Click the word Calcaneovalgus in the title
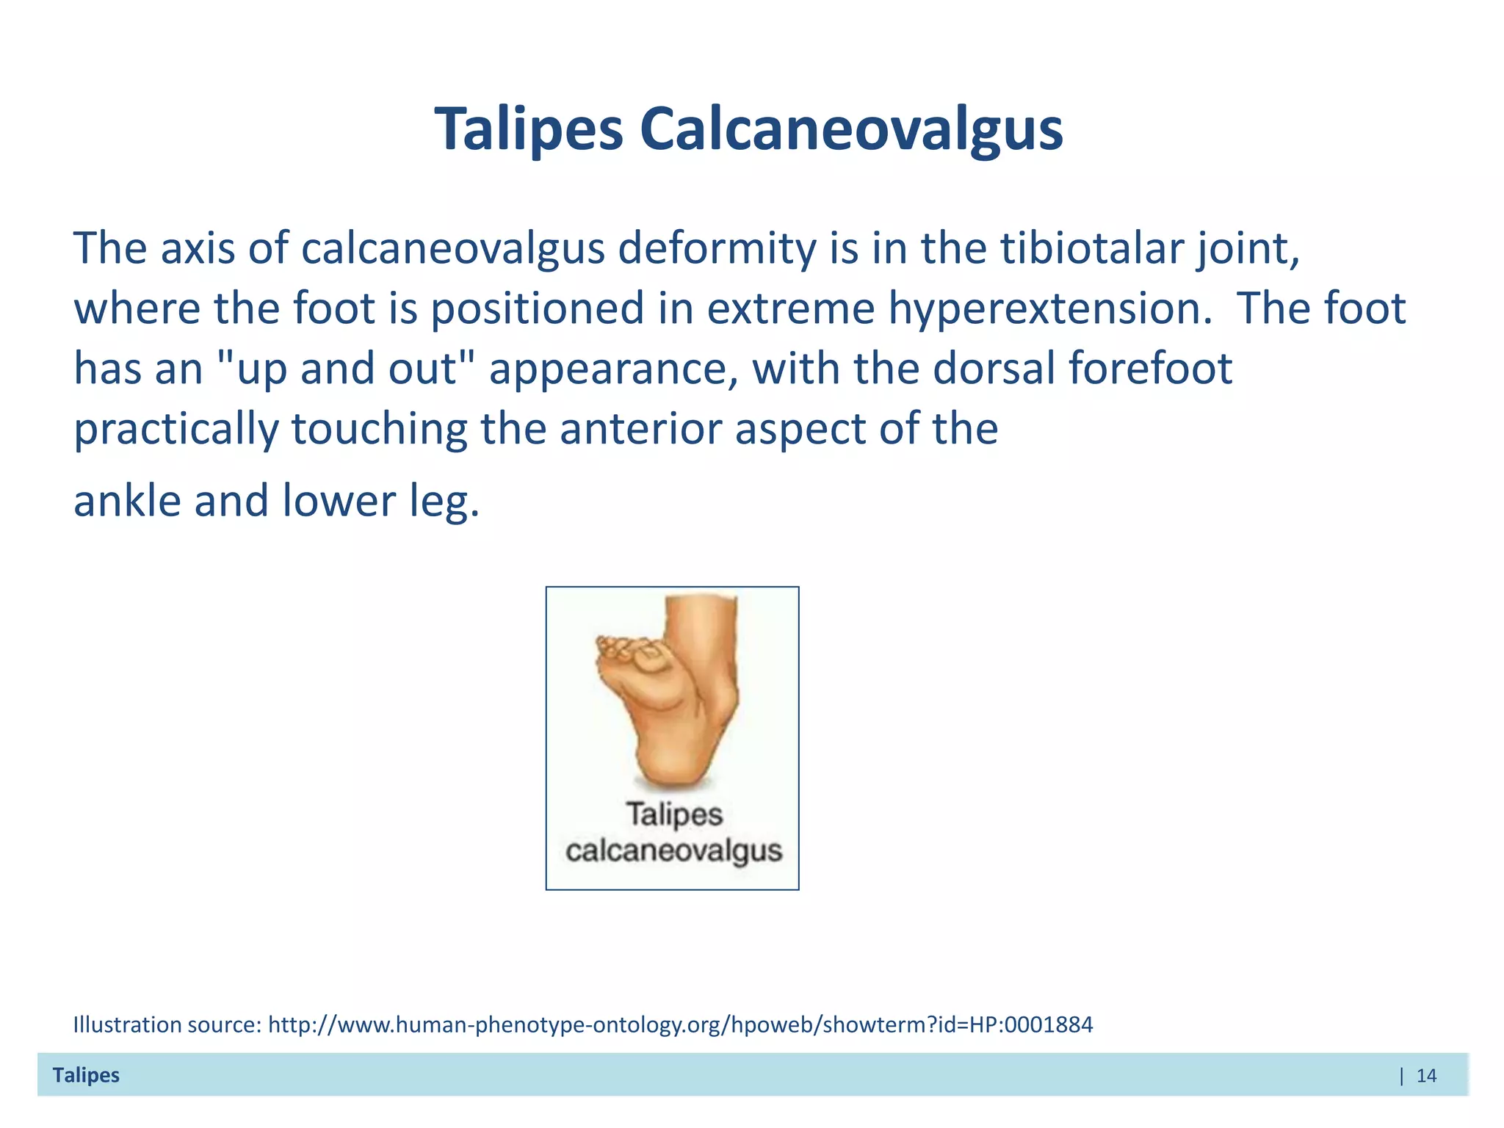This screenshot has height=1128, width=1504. (x=850, y=129)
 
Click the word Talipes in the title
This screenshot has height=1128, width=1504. (x=529, y=129)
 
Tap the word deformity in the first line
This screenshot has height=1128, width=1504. (x=717, y=248)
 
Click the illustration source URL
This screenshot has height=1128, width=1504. (x=680, y=1024)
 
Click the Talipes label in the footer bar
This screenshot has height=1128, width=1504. (x=86, y=1075)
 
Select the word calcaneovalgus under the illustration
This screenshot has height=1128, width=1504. (x=673, y=851)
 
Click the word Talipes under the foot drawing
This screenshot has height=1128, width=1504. (x=674, y=814)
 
